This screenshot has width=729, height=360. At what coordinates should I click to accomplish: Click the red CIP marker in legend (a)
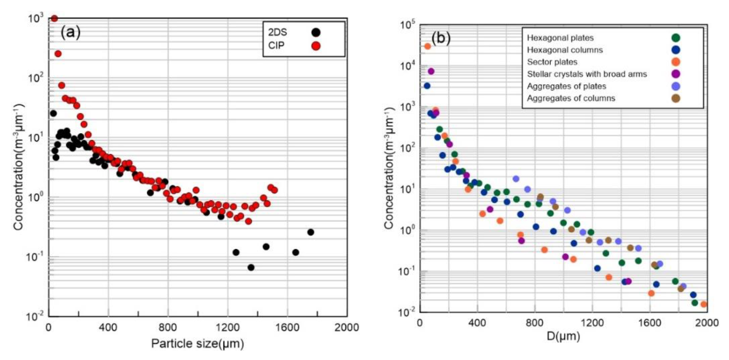tap(316, 46)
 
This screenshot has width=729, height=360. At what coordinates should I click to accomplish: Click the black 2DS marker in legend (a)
tap(316, 32)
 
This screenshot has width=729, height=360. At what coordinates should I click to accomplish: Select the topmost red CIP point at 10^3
tap(54, 18)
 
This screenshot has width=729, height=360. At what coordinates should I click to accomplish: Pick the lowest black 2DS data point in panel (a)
tap(251, 267)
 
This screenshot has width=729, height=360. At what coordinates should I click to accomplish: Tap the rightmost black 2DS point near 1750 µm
tap(310, 232)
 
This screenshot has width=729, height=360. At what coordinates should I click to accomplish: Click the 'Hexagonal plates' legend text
tap(560, 38)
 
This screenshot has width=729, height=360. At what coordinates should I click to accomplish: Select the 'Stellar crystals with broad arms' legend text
tap(587, 74)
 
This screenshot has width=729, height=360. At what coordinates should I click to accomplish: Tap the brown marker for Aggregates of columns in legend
tap(676, 98)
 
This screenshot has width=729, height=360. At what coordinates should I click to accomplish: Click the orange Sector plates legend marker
tap(676, 62)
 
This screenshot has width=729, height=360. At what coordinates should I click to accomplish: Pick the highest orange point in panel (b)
tap(427, 46)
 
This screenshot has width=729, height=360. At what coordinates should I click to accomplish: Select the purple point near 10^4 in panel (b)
tap(431, 71)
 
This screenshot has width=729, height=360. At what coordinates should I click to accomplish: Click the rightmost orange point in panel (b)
tap(704, 304)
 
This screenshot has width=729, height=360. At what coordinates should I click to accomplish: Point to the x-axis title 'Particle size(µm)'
tap(197, 344)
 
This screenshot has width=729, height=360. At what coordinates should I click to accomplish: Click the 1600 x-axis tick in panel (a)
tap(288, 327)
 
